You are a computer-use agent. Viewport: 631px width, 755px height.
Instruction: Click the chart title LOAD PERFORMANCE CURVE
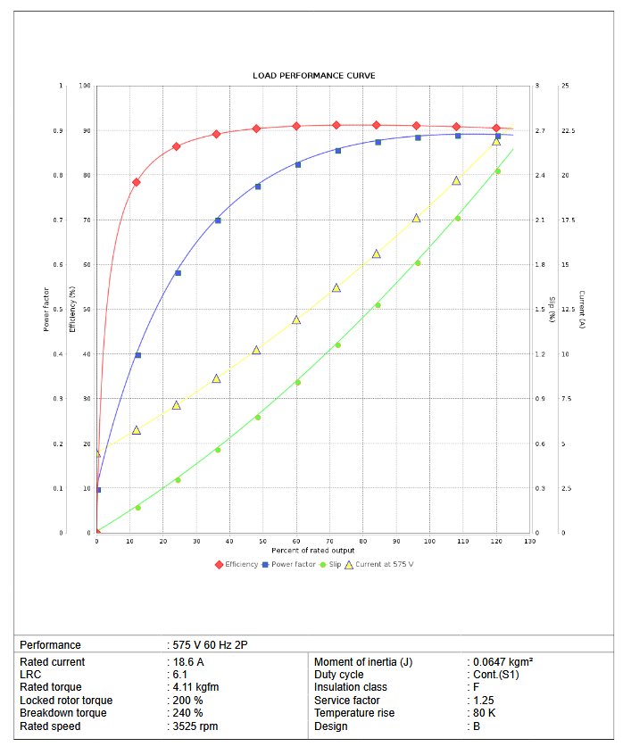[313, 76]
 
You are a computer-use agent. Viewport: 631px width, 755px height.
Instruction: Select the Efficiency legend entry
[241, 564]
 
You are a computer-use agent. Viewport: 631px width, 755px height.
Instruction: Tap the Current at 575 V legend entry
[385, 564]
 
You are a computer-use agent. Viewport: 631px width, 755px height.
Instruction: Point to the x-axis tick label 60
[296, 542]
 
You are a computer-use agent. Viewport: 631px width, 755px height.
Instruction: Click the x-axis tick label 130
[529, 542]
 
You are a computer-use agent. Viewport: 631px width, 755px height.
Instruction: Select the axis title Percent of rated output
[313, 551]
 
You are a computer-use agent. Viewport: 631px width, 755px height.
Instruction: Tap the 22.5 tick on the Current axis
[568, 131]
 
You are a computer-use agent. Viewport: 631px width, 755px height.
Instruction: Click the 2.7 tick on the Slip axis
[540, 131]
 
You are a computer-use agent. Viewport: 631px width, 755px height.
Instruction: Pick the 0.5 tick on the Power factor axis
[59, 310]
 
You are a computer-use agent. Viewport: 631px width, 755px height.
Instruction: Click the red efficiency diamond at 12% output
[137, 182]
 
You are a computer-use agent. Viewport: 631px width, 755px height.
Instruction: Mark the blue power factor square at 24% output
[178, 273]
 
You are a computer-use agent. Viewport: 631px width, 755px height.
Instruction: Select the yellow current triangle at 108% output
[456, 181]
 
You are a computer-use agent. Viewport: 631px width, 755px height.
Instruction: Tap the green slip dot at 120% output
[498, 171]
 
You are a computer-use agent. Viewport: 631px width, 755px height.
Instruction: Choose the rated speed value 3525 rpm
[195, 726]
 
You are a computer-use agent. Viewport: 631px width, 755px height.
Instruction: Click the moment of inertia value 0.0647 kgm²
[502, 662]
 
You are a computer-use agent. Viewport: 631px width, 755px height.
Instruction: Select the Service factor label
[349, 701]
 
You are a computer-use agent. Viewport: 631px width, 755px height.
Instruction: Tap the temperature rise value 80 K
[486, 713]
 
